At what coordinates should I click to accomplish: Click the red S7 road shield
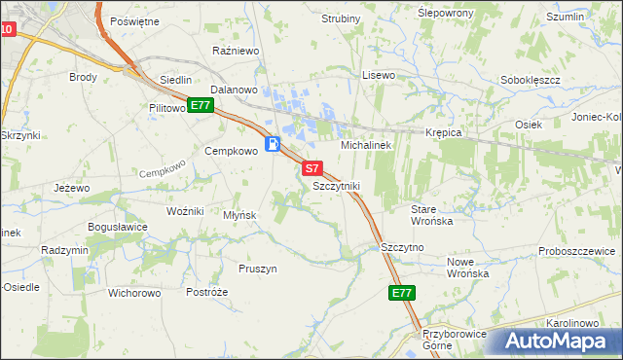(x=311, y=168)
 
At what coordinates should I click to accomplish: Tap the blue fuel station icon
(x=274, y=144)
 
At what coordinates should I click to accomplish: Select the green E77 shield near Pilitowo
(x=201, y=105)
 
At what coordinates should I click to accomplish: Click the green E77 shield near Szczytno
(x=402, y=292)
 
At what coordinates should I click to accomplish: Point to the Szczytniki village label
(x=337, y=186)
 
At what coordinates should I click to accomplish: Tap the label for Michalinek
(x=365, y=145)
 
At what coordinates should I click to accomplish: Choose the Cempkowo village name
(x=230, y=151)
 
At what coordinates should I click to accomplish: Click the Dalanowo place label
(x=233, y=90)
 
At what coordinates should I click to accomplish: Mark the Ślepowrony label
(x=445, y=13)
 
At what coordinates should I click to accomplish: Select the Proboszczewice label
(x=580, y=251)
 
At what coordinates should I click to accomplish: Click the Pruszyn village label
(x=258, y=268)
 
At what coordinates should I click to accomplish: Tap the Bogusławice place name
(x=118, y=227)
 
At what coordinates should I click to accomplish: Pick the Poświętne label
(x=134, y=20)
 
